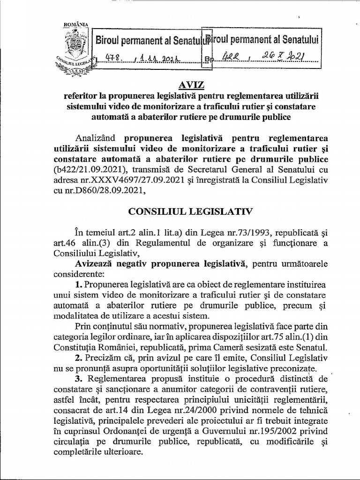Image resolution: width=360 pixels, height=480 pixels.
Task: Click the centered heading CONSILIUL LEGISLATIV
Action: [x=191, y=211]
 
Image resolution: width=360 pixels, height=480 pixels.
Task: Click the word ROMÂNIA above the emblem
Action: [x=73, y=24]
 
